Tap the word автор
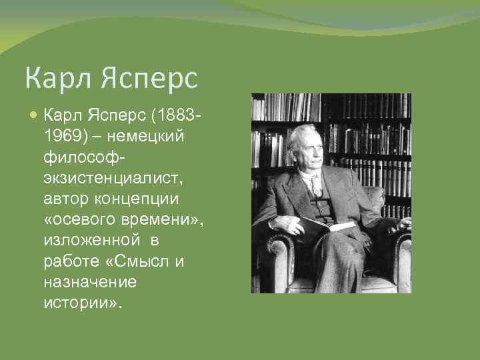click(65, 198)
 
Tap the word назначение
click(90, 281)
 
